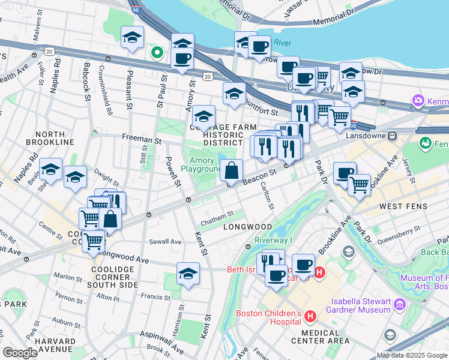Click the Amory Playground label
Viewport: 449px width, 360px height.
(205, 164)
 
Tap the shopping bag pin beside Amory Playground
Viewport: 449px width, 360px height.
(231, 171)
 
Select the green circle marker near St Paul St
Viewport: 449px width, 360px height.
(157, 52)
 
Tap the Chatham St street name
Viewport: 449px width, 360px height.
(217, 215)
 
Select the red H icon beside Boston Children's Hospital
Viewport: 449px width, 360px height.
(310, 316)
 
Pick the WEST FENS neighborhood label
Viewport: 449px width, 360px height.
(403, 206)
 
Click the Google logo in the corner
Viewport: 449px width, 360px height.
(20, 353)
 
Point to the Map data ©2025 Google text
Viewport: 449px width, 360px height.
(412, 355)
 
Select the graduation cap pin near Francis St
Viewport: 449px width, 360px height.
(188, 274)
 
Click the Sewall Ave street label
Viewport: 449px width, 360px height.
(167, 242)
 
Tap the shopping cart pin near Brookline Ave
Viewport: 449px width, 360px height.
(359, 184)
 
